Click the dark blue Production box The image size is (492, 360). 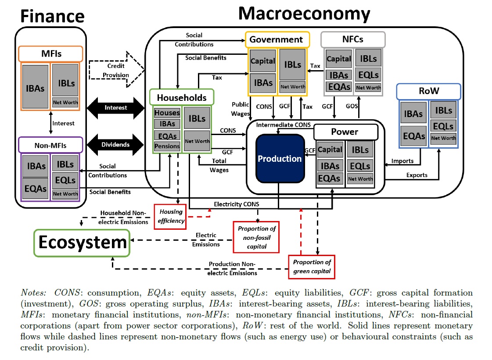[x=279, y=158]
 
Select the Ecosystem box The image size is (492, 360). [x=83, y=242]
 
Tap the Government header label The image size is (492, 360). [x=277, y=39]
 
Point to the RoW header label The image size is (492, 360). [x=428, y=92]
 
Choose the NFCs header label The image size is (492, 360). [x=353, y=39]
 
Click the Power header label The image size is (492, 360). [x=345, y=132]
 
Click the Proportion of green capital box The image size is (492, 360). [x=312, y=267]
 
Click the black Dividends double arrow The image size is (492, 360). [x=116, y=144]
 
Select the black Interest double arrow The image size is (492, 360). [x=116, y=107]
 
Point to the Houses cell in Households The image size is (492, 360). [x=167, y=113]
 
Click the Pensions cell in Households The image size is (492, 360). [x=167, y=146]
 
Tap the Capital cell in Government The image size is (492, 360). [x=262, y=61]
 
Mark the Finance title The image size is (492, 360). [x=52, y=16]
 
